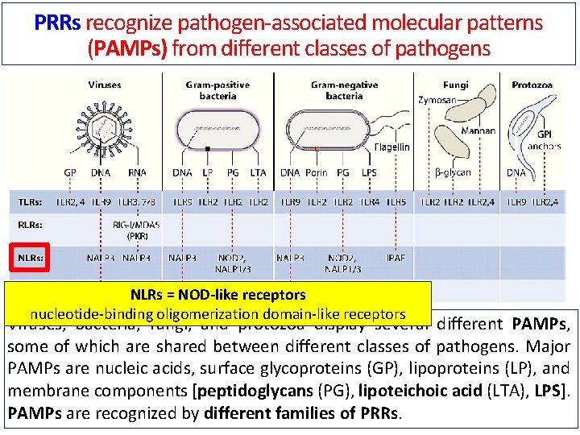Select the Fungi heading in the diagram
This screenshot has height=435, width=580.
click(x=455, y=84)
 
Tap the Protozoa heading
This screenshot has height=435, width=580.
click(x=532, y=84)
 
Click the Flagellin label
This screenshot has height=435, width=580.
click(x=391, y=147)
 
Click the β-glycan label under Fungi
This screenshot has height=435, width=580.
click(x=454, y=172)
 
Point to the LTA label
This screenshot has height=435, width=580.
click(x=258, y=172)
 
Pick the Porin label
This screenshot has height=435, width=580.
click(x=316, y=172)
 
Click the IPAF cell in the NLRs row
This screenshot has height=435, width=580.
click(x=396, y=258)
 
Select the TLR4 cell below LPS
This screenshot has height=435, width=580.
click(x=370, y=201)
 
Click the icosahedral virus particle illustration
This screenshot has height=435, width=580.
click(x=104, y=126)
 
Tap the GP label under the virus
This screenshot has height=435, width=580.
click(x=71, y=172)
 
